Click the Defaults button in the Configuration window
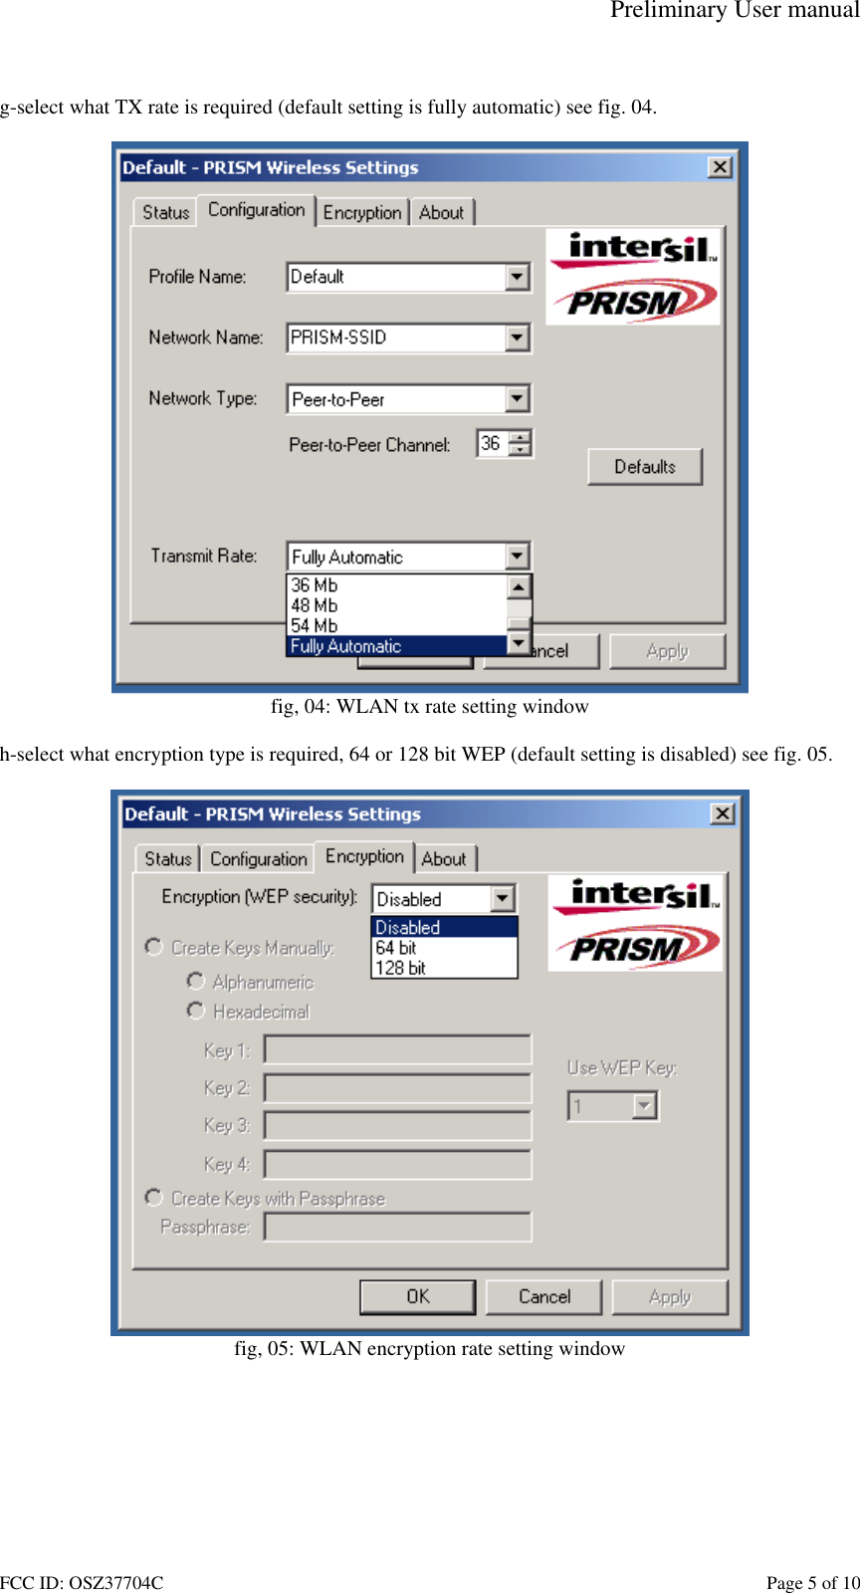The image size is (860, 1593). tap(644, 467)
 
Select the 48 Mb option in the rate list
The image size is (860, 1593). tap(315, 605)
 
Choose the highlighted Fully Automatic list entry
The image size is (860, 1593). tap(345, 646)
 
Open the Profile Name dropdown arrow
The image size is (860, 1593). tap(517, 277)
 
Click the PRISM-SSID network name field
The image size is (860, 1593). tap(396, 338)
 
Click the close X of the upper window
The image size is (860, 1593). tap(720, 167)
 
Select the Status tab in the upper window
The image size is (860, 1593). tap(165, 212)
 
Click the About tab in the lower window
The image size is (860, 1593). tap(443, 858)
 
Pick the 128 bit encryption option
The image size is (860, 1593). tap(400, 968)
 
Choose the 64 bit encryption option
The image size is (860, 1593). tap(396, 948)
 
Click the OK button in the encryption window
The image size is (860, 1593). tap(417, 1296)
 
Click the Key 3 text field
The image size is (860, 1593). tap(397, 1126)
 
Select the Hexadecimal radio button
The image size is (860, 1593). tap(196, 1011)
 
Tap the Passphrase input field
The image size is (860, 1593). tap(397, 1227)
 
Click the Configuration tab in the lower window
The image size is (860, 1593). tap(258, 858)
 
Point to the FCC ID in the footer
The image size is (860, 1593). tap(82, 1583)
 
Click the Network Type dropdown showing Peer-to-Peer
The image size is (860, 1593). tap(409, 399)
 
